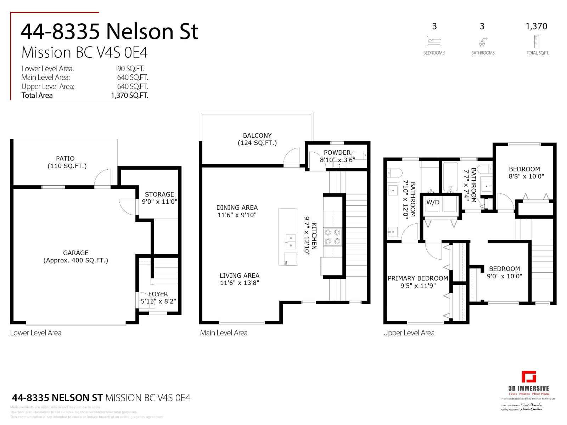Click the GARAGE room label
tap(75, 253)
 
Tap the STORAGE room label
tap(159, 194)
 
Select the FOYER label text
tap(158, 294)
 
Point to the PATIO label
tap(65, 158)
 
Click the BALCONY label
tap(257, 136)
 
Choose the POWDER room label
tap(337, 153)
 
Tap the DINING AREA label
tap(237, 208)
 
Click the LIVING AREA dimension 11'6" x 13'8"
tap(240, 283)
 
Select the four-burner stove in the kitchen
tap(333, 237)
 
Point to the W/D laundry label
tap(433, 203)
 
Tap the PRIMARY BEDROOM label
tap(418, 278)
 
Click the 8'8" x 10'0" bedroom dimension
tap(526, 176)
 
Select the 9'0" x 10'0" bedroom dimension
tap(504, 276)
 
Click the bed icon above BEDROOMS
tap(434, 42)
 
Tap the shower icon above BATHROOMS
tap(482, 42)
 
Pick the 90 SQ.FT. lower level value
tap(131, 69)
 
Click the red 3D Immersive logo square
tap(528, 377)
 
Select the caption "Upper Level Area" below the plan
tap(409, 333)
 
